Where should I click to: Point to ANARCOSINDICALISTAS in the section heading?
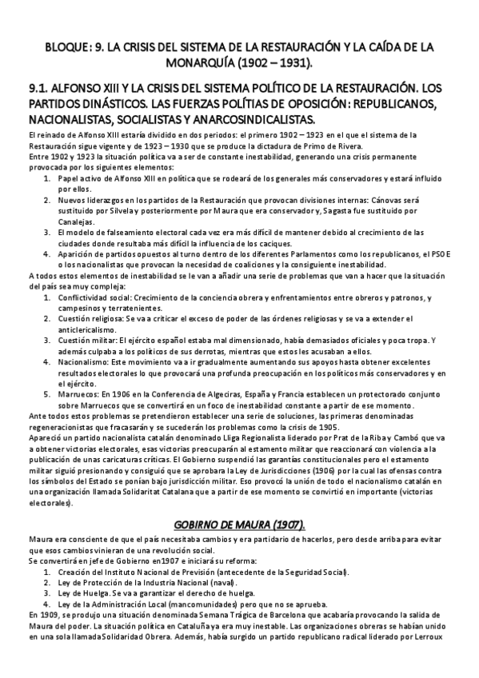246,119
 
